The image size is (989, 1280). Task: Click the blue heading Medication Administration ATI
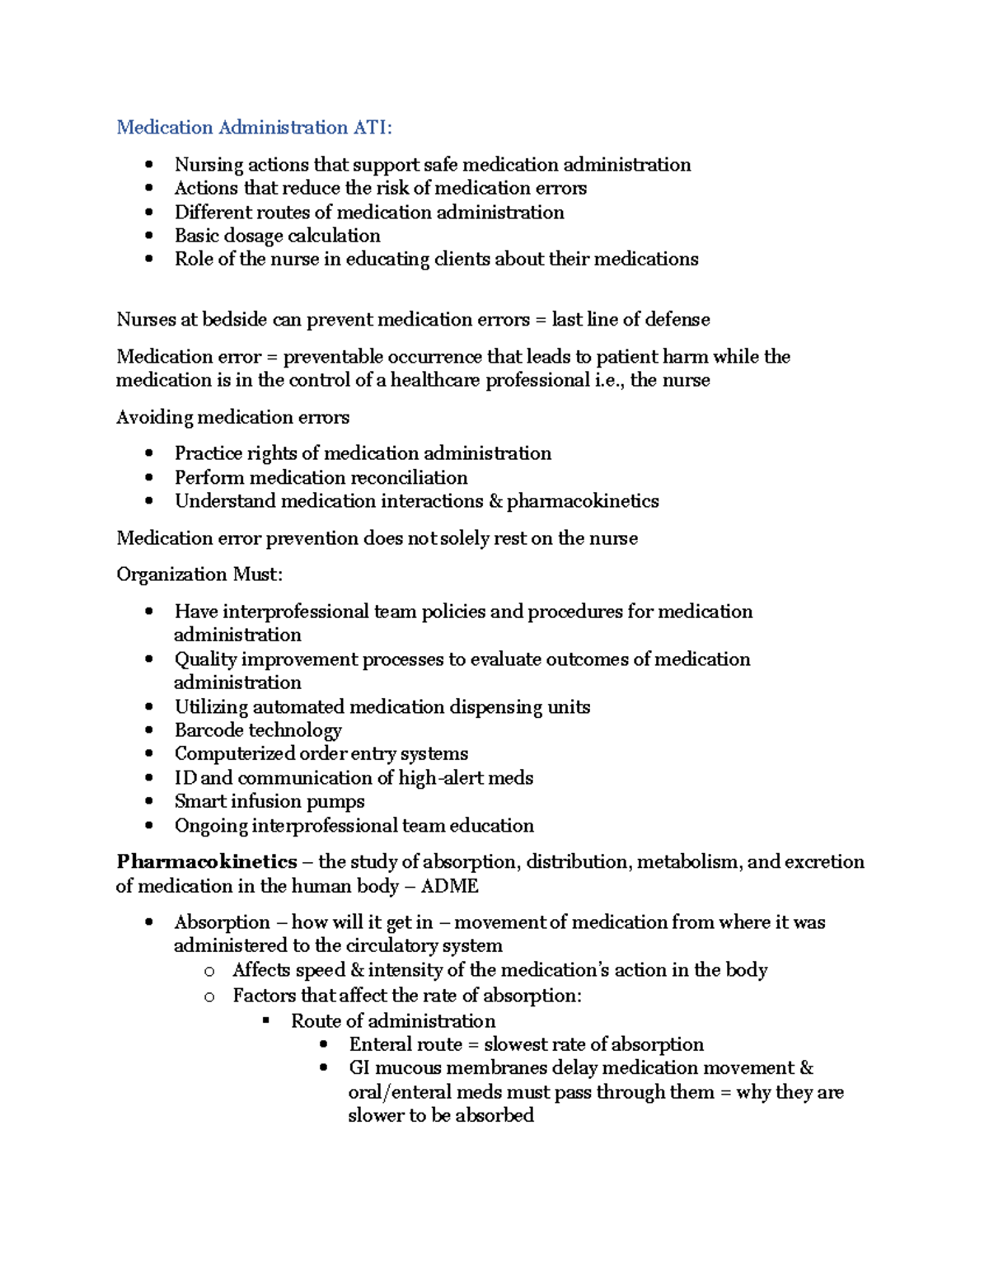click(254, 127)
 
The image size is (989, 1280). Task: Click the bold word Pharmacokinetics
click(206, 862)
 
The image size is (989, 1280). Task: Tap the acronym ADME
click(449, 886)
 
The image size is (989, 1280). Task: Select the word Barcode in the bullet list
click(209, 730)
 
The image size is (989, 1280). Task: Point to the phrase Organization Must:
click(199, 574)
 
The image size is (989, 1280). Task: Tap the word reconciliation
click(409, 477)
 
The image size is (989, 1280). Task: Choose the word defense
click(677, 320)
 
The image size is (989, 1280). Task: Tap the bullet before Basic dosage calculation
click(148, 236)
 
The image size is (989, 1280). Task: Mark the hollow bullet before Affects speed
click(209, 972)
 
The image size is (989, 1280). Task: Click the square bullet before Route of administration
click(266, 1021)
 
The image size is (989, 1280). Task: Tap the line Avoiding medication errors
click(232, 417)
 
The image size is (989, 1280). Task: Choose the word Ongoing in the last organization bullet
click(210, 826)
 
